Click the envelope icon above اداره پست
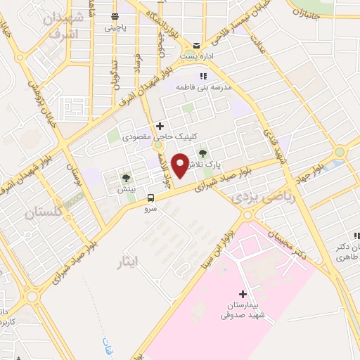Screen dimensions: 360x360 click(198, 44)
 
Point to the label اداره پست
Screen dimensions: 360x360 click(197, 55)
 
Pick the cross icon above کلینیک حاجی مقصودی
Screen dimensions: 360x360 click(160, 125)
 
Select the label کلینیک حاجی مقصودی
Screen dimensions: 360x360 click(153, 136)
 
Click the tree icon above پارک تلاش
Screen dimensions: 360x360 click(204, 153)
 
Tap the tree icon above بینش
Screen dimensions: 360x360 click(125, 179)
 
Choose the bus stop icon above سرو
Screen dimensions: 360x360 click(150, 197)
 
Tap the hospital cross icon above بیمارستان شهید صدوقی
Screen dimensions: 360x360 click(243, 294)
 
